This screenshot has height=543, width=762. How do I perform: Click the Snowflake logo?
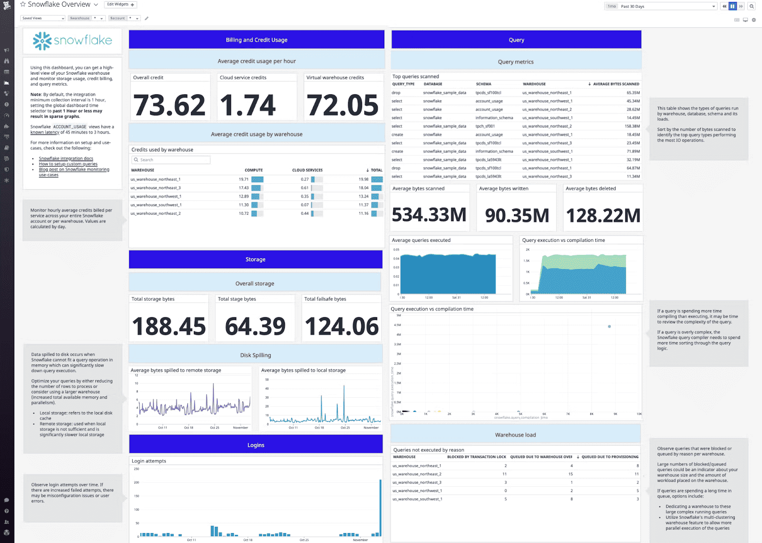point(72,41)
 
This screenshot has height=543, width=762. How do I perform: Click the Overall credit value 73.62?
point(169,105)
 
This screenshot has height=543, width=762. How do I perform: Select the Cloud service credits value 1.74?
point(248,105)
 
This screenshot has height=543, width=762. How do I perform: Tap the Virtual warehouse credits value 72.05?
point(342,105)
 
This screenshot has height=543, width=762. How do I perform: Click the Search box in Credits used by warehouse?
point(171,160)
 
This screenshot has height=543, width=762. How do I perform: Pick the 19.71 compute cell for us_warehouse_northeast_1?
point(243,180)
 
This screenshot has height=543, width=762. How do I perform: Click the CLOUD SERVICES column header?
point(307,170)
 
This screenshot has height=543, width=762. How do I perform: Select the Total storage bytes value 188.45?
point(169,327)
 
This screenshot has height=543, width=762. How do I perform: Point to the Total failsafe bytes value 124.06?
point(341,327)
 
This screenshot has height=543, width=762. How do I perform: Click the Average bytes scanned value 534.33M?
point(429,215)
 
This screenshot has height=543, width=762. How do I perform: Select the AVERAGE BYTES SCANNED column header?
point(616,84)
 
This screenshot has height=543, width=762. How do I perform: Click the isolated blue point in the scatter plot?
point(609,326)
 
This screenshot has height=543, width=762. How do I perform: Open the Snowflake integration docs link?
point(66,159)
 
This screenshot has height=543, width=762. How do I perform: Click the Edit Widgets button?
point(120,5)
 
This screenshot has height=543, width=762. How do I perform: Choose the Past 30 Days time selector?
point(667,6)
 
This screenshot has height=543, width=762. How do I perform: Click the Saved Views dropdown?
point(42,18)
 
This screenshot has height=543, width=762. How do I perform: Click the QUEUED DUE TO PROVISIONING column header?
point(610,457)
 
